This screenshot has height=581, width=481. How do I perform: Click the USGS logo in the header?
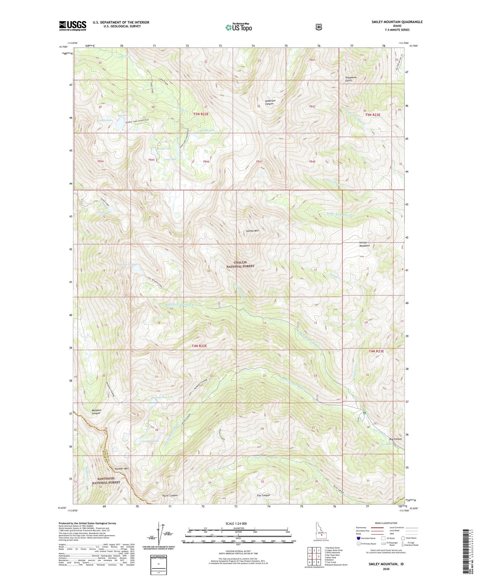pyautogui.click(x=73, y=26)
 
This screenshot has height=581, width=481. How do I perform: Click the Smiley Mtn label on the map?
pyautogui.click(x=252, y=231)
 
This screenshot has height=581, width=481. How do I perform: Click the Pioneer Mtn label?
pyautogui.click(x=121, y=469)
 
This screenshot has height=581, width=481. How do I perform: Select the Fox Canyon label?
pyautogui.click(x=263, y=495)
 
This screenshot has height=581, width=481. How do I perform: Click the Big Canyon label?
pyautogui.click(x=395, y=439)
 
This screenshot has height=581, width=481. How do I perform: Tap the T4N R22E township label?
pyautogui.click(x=199, y=346)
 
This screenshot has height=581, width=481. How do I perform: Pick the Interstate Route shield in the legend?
pyautogui.click(x=358, y=538)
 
